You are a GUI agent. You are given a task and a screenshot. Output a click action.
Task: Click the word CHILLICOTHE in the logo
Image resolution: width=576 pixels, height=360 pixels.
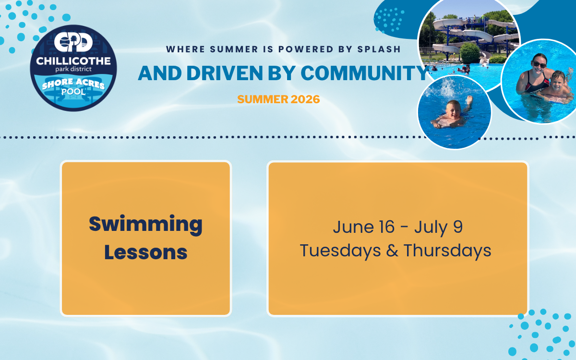[73, 61]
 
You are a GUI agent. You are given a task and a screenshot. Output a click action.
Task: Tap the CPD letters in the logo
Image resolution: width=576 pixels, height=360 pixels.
[73, 42]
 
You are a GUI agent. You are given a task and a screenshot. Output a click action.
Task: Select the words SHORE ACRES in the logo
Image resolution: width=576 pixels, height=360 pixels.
[73, 84]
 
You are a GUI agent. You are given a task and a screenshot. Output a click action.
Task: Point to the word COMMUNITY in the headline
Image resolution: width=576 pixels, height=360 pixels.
[365, 73]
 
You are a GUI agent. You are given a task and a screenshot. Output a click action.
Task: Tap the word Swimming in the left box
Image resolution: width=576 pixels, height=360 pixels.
[145, 225]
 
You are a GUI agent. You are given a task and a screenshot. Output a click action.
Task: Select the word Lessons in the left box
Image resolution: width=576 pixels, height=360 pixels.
[146, 252]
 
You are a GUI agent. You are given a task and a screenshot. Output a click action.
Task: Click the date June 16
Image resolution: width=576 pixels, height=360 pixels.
[364, 227]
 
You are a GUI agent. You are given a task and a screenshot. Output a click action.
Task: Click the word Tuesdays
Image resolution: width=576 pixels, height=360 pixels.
[340, 251]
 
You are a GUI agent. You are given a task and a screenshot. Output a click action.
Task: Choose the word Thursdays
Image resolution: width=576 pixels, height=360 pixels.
[447, 251]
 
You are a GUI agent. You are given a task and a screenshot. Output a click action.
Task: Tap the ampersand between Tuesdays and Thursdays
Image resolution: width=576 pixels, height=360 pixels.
[392, 251]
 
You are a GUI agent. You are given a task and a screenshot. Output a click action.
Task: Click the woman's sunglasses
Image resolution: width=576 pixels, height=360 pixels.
[540, 64]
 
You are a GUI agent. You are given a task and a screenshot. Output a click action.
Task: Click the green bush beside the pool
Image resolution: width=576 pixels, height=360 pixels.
[469, 53]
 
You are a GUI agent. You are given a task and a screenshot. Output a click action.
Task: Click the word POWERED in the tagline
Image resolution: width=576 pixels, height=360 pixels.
[306, 49]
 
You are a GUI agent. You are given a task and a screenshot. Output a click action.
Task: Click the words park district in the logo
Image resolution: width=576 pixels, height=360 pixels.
[73, 69]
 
